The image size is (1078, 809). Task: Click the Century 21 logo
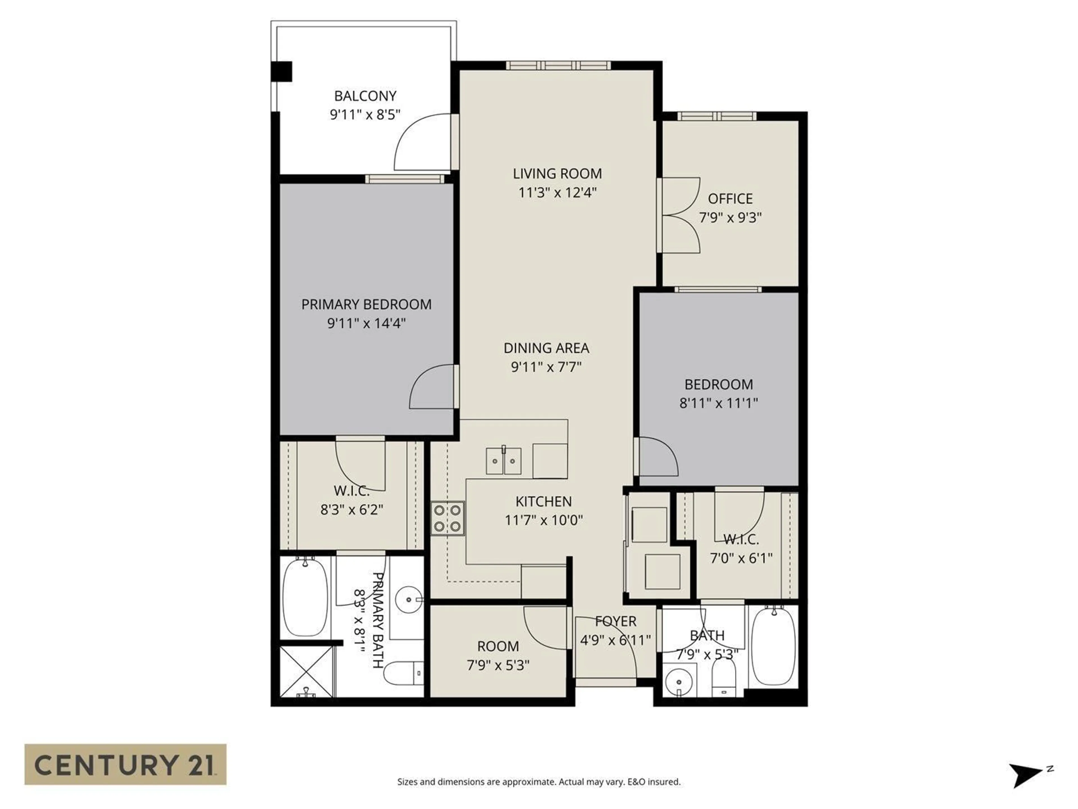125,764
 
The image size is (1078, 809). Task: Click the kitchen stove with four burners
447,518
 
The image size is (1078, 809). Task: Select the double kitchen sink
503,461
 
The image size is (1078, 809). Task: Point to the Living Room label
557,174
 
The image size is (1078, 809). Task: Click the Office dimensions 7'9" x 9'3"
730,217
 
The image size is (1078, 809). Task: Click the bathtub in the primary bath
305,597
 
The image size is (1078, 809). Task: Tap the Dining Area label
546,348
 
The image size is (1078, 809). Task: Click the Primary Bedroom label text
366,304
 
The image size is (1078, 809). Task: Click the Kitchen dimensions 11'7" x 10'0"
543,520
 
